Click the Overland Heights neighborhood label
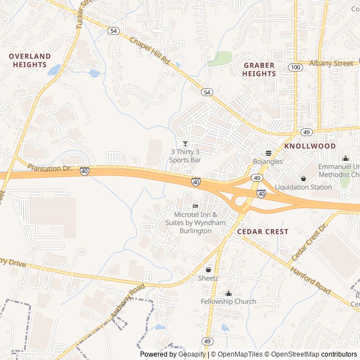pyautogui.click(x=30, y=61)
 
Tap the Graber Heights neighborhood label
pyautogui.click(x=259, y=69)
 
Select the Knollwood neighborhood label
pyautogui.click(x=310, y=146)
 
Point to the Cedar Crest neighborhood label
pyautogui.click(x=263, y=231)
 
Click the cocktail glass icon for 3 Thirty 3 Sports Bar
pyautogui.click(x=186, y=143)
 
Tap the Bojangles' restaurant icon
pyautogui.click(x=268, y=153)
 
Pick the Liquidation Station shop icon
pyautogui.click(x=304, y=179)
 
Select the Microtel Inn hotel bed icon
pyautogui.click(x=195, y=206)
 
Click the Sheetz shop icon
pyautogui.click(x=208, y=269)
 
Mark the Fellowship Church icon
pyautogui.click(x=228, y=293)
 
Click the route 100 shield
pyautogui.click(x=295, y=67)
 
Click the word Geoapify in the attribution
pyautogui.click(x=191, y=354)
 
